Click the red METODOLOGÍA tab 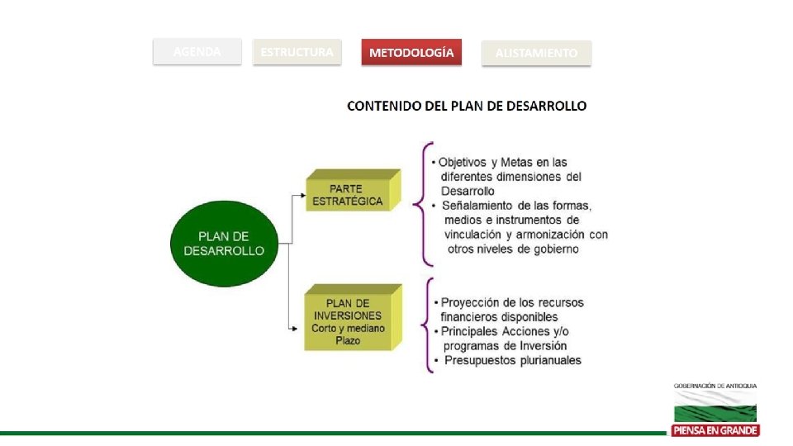[411, 53]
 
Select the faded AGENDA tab [197, 52]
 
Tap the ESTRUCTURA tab [297, 52]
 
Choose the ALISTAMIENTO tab [536, 54]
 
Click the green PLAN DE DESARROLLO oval [224, 244]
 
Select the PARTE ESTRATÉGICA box [350, 195]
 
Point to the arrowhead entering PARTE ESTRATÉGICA [302, 196]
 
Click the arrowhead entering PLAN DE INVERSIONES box [293, 330]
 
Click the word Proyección [471, 302]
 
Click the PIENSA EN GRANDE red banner [715, 430]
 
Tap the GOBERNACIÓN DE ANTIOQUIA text [715, 386]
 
